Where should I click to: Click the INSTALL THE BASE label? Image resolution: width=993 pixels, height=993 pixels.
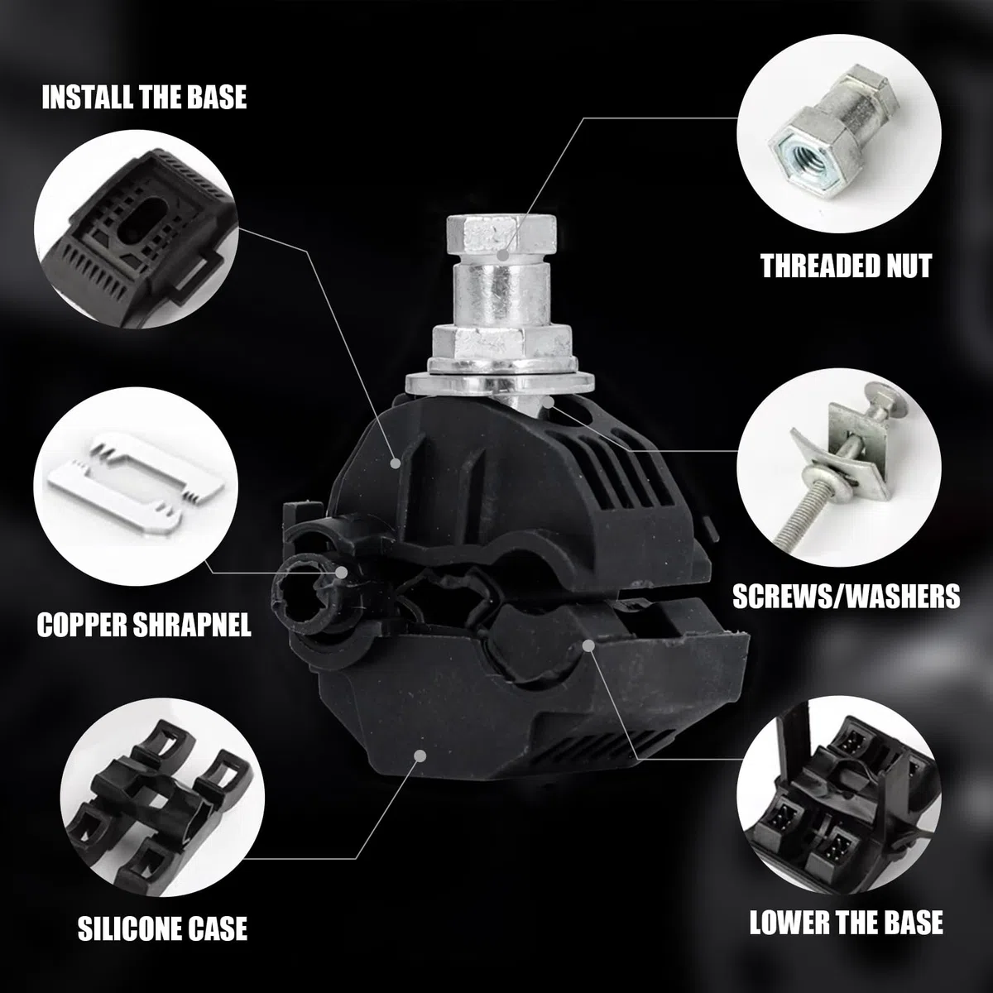[x=144, y=97]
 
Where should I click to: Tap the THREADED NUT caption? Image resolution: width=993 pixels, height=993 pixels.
[x=847, y=266]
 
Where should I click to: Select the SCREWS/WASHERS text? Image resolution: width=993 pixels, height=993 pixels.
[x=847, y=596]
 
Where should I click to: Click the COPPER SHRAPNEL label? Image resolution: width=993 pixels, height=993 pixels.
[x=144, y=625]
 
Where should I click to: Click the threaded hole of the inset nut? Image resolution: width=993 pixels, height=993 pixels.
[x=798, y=152]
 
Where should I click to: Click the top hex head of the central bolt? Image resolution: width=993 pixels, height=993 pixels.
[x=501, y=235]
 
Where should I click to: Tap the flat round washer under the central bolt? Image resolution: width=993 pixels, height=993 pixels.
[x=500, y=383]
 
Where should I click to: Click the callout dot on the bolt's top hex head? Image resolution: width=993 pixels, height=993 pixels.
[x=503, y=255]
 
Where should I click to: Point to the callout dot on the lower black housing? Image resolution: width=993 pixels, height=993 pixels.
[x=420, y=756]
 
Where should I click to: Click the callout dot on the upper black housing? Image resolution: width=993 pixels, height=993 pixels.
[x=396, y=463]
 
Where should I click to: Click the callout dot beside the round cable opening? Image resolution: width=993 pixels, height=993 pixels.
[x=341, y=572]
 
